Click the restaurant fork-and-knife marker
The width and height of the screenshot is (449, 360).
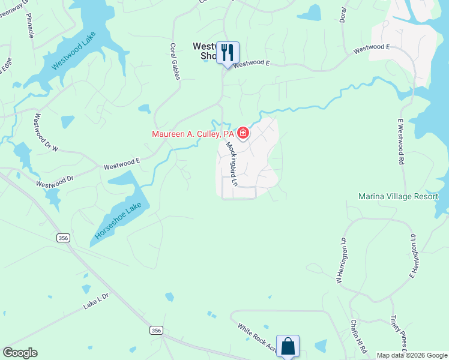click(227, 52)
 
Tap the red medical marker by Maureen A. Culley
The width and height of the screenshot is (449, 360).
click(243, 133)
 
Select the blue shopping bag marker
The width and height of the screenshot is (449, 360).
click(288, 346)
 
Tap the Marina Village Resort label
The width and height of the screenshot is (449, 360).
click(398, 196)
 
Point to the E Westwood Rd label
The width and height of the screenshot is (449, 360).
click(400, 141)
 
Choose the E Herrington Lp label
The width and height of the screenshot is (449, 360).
click(413, 256)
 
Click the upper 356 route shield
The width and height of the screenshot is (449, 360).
click(63, 238)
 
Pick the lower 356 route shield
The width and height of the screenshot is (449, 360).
click(156, 331)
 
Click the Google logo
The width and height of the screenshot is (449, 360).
click(20, 353)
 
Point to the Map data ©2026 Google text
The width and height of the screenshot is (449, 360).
click(411, 355)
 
